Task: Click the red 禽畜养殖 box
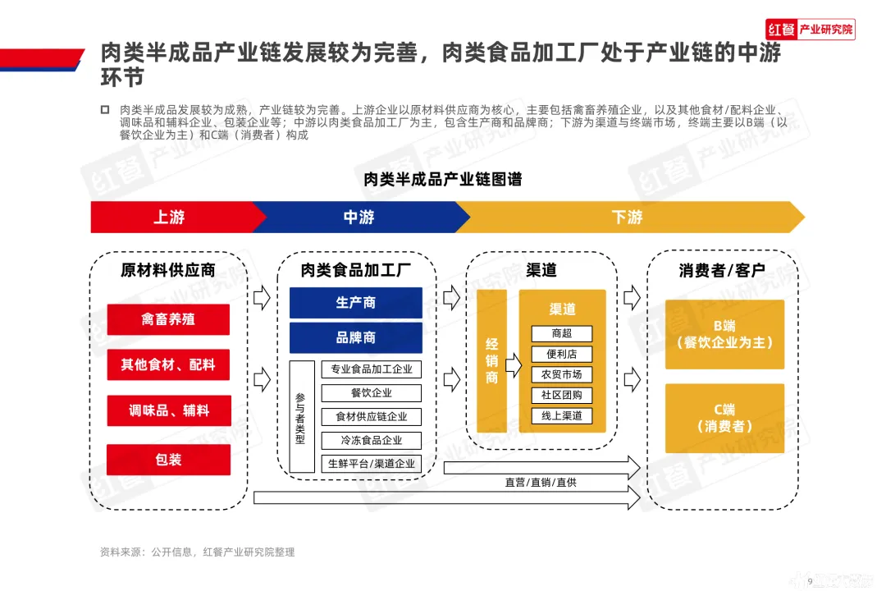tap(168, 319)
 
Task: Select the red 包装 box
tap(168, 460)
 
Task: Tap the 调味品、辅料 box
tap(168, 410)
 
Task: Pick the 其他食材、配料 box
tap(168, 364)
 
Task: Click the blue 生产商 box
tap(355, 303)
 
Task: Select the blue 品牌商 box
tap(355, 337)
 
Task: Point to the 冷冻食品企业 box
tap(372, 440)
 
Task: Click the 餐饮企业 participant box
tap(372, 393)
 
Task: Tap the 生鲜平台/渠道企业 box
tap(372, 463)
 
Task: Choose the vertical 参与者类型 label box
tap(301, 417)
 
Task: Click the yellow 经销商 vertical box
tap(491, 361)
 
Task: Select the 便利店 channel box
tap(562, 355)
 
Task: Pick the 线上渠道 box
tap(562, 416)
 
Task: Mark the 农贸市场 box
tap(562, 375)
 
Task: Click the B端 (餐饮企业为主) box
tap(724, 334)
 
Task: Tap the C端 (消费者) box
tap(724, 418)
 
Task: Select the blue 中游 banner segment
tap(359, 218)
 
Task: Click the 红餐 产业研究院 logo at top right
tap(811, 30)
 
